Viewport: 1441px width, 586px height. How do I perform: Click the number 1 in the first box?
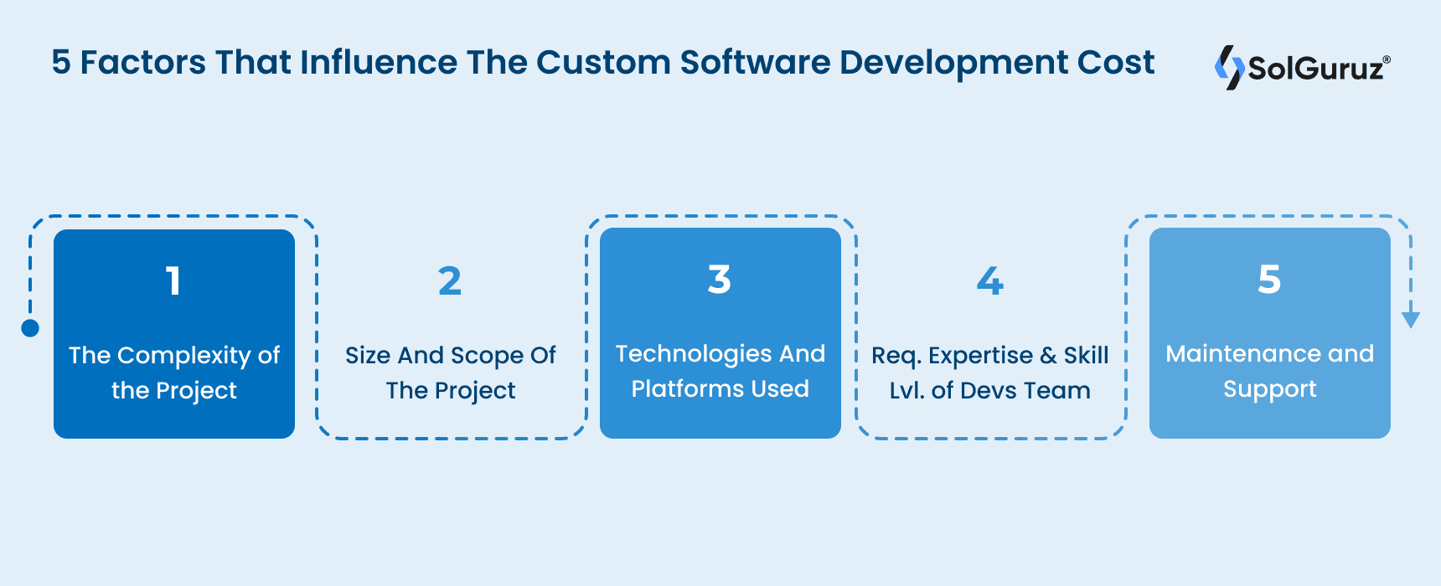173,281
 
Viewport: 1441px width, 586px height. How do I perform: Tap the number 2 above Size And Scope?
450,281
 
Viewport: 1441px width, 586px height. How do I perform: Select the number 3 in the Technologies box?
720,280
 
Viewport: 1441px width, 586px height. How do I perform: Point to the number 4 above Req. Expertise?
989,281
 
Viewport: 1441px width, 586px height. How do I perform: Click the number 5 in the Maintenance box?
1269,280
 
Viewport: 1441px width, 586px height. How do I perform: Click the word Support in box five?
1269,390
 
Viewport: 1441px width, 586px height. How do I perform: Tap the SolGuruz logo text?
1315,68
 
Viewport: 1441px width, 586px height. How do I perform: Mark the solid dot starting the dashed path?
30,328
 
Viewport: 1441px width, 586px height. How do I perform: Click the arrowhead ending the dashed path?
1411,320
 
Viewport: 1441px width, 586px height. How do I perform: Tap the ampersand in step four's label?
1048,356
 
